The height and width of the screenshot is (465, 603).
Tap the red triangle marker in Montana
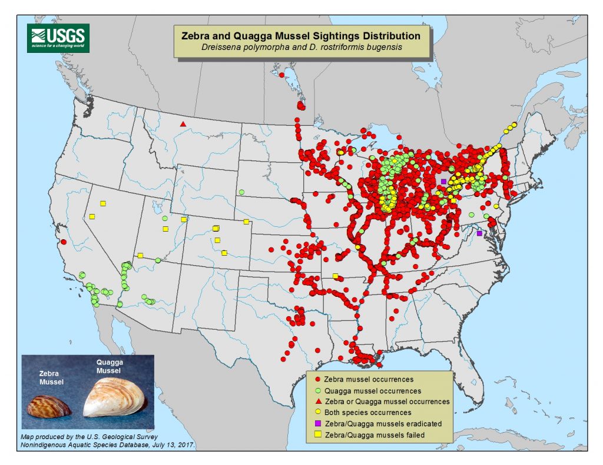click(183, 124)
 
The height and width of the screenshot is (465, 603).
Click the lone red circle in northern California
click(63, 242)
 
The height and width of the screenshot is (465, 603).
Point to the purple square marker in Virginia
click(479, 233)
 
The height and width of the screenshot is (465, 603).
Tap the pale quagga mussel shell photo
click(115, 400)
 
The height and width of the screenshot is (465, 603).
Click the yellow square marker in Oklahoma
click(335, 276)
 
